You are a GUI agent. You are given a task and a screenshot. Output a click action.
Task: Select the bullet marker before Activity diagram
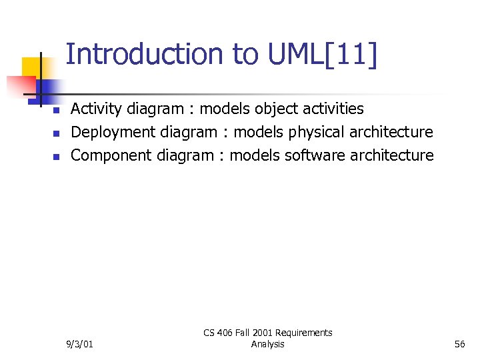point(57,110)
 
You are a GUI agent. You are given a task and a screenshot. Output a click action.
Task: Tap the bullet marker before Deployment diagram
point(57,133)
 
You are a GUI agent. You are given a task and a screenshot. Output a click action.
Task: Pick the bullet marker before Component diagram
point(57,157)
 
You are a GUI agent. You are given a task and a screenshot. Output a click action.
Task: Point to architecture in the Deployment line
point(391,132)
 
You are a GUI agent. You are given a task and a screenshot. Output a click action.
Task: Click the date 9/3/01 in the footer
point(80,344)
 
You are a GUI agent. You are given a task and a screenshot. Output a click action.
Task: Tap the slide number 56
point(459,344)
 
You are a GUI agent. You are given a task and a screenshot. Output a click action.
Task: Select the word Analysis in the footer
point(267,344)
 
